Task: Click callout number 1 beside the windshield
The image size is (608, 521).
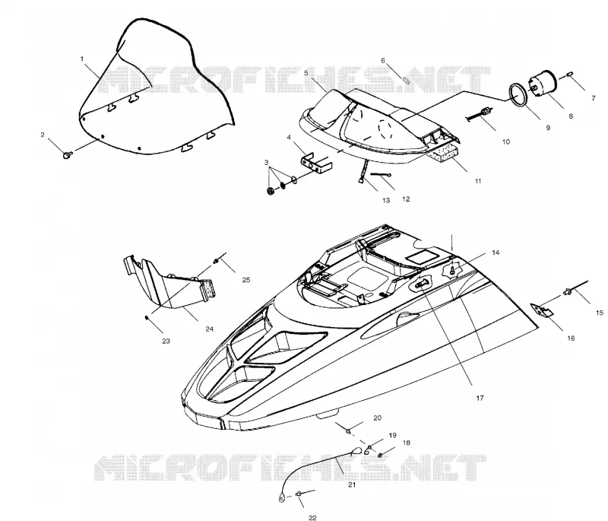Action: (82, 59)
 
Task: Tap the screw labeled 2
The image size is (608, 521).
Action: (67, 155)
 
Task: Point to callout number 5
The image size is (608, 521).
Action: (306, 72)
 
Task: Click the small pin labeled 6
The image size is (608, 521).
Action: (407, 80)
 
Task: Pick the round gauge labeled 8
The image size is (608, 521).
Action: (543, 83)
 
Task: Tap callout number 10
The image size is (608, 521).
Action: (506, 142)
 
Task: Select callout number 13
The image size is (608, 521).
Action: (386, 200)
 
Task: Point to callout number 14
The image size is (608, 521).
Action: (496, 253)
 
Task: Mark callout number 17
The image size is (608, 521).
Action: (480, 398)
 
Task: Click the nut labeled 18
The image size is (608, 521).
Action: (381, 455)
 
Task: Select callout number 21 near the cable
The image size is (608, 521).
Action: (352, 484)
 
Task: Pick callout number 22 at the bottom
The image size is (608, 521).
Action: (312, 517)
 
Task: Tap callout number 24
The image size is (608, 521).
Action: (210, 329)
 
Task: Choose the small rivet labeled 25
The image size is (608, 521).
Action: (216, 260)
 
